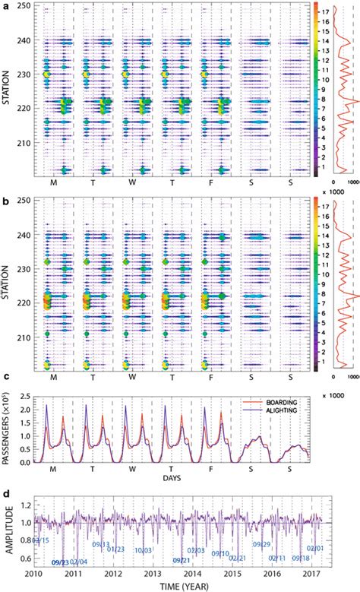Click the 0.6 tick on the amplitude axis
[21, 563]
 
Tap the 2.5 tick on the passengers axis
[23, 397]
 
